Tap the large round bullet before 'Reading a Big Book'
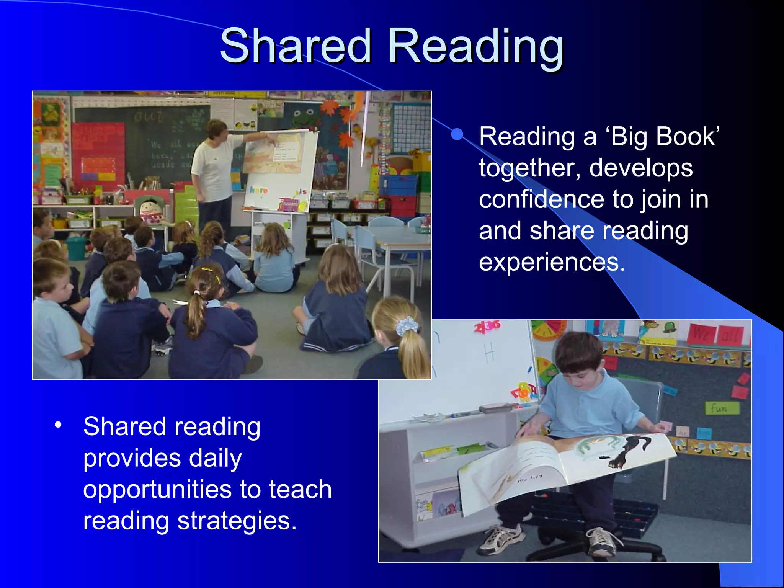457,134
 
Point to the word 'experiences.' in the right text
552,262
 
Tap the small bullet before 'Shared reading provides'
58,425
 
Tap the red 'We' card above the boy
702,334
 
